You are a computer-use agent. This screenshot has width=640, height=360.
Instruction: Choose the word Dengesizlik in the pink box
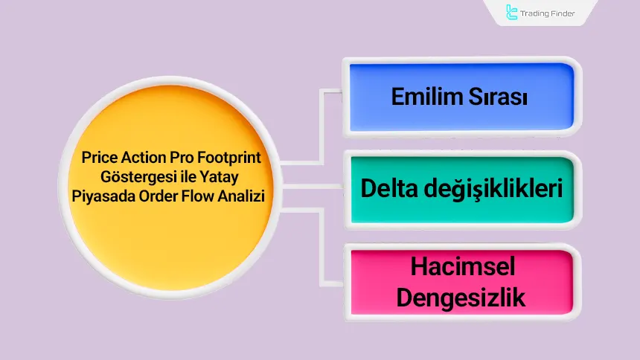pos(461,297)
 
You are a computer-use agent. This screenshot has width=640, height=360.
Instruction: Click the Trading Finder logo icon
pos(512,12)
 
